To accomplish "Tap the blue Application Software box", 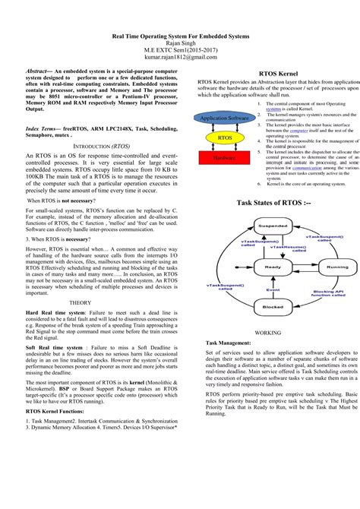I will pyautogui.click(x=224, y=119).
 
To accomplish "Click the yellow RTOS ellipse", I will pyautogui.click(x=224, y=138).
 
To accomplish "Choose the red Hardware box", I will pyautogui.click(x=224, y=158).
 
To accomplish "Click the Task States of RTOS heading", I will pyautogui.click(x=273, y=204).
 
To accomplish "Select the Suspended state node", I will pyautogui.click(x=271, y=226).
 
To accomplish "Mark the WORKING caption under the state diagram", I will pyautogui.click(x=267, y=333).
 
